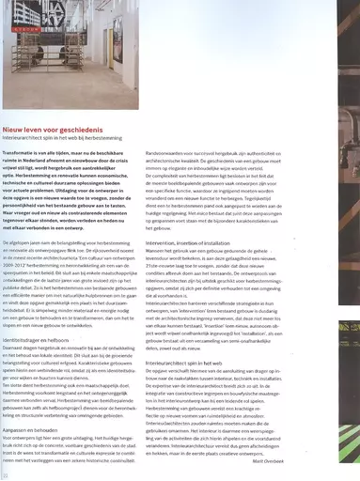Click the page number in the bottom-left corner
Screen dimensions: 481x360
click(6, 475)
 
